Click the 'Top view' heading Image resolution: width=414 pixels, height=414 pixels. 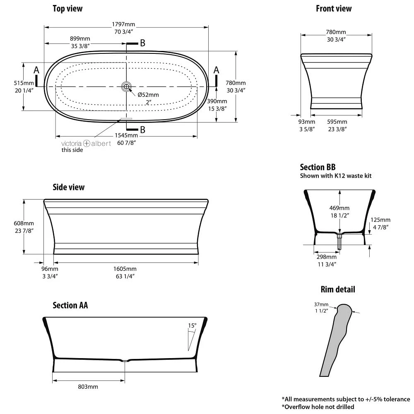[67, 9]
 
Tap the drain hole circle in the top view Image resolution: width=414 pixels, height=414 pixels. [126, 87]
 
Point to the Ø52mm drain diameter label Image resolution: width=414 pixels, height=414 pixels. [148, 95]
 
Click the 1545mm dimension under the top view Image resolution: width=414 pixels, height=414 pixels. [127, 135]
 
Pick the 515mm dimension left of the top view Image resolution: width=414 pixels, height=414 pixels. [23, 83]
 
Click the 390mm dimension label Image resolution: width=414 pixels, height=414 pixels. [217, 101]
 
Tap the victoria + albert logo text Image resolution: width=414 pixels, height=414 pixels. [86, 143]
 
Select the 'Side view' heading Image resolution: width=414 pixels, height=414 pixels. [68, 187]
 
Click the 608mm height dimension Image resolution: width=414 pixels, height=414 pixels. [24, 224]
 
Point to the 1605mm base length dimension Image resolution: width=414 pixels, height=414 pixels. [125, 269]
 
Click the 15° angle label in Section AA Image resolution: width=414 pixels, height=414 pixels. [192, 326]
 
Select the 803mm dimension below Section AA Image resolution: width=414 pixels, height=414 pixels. [88, 387]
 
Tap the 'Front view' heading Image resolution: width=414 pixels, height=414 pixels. [334, 9]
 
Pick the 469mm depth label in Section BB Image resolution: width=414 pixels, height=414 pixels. [339, 208]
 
